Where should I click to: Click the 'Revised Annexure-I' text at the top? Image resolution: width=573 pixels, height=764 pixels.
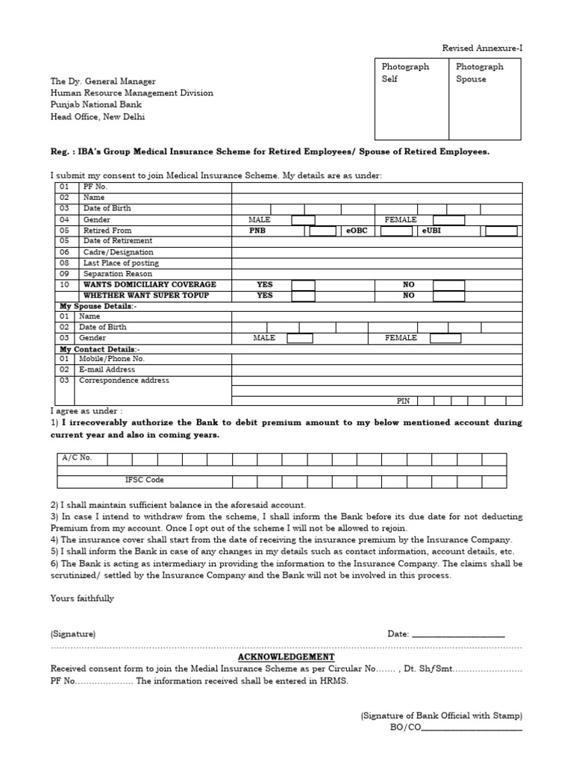482,48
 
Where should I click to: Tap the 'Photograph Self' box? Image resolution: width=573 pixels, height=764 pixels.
411,98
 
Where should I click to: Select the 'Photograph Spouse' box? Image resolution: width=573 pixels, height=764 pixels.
485,98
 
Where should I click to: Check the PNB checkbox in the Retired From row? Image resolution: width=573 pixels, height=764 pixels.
322,231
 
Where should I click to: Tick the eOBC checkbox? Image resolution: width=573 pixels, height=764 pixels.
396,231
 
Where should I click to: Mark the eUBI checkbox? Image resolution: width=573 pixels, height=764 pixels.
501,231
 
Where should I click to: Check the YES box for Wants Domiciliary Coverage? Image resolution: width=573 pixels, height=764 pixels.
303,285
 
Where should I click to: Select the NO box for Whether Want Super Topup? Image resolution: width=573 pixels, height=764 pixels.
448,295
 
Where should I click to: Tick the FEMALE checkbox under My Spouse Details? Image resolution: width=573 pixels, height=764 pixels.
445,338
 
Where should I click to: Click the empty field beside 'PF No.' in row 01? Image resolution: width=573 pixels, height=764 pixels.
377,187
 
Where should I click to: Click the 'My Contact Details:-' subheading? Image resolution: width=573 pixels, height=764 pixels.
100,349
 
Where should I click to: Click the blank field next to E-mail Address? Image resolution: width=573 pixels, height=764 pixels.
377,369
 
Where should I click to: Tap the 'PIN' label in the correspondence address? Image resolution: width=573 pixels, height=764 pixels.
403,401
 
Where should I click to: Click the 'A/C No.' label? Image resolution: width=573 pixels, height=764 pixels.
78,458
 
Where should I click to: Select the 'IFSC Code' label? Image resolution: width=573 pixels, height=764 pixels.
144,480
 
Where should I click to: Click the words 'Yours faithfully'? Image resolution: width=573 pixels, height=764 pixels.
82,598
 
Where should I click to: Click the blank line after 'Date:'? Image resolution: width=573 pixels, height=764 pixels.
458,635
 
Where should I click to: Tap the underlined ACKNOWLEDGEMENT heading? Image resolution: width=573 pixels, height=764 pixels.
286,657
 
